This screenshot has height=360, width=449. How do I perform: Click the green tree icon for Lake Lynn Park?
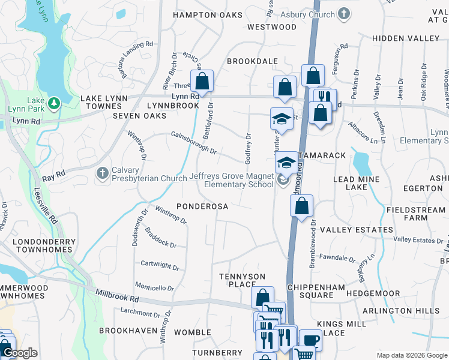click(x=55, y=103)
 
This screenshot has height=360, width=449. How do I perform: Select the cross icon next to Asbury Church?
click(x=344, y=13)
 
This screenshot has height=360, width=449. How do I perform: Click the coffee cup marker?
click(x=310, y=340)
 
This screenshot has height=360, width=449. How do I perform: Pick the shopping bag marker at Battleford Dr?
click(x=202, y=81)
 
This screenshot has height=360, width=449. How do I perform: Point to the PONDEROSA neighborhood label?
click(x=202, y=206)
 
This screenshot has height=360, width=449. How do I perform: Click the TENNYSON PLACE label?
click(x=241, y=280)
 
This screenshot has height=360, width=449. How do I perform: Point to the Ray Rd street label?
click(x=53, y=177)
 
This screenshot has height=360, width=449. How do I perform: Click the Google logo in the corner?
click(x=20, y=352)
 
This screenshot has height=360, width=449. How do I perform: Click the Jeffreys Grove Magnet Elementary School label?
click(x=231, y=180)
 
